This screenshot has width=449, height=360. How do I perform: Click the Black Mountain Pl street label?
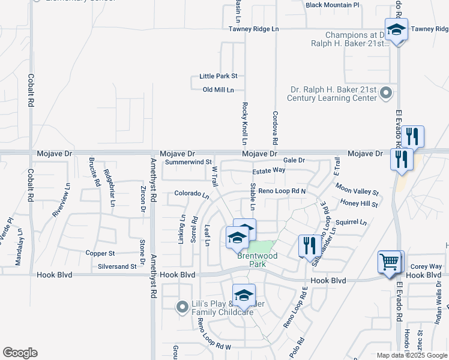click(332, 5)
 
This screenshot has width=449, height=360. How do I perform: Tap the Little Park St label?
click(218, 76)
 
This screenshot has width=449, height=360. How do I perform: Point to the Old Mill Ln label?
click(218, 90)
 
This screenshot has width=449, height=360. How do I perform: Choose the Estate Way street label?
click(268, 170)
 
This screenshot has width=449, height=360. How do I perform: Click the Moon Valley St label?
click(357, 189)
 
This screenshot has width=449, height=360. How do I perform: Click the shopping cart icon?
click(390, 262)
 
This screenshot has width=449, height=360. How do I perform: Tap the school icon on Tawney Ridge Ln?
click(396, 30)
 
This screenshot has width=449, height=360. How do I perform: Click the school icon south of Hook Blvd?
click(244, 296)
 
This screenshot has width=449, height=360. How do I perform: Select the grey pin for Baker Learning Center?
click(387, 92)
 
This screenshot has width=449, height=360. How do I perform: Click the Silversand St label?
click(117, 266)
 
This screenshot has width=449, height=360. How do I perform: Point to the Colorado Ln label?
click(191, 194)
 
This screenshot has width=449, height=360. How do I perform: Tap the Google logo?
click(20, 353)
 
